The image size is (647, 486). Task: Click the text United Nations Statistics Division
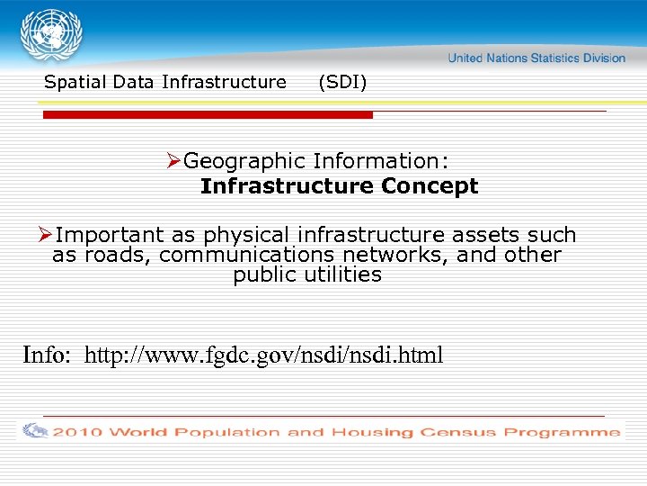tap(536, 58)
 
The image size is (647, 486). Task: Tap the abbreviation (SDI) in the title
tap(342, 83)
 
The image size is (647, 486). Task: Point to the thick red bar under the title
tap(208, 115)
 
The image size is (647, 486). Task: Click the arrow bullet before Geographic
tap(174, 161)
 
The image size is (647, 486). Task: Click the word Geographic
tap(244, 162)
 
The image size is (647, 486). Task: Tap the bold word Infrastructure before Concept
tap(287, 186)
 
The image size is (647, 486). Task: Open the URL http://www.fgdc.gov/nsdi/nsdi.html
tap(263, 355)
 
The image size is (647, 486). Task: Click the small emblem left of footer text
tap(35, 431)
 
